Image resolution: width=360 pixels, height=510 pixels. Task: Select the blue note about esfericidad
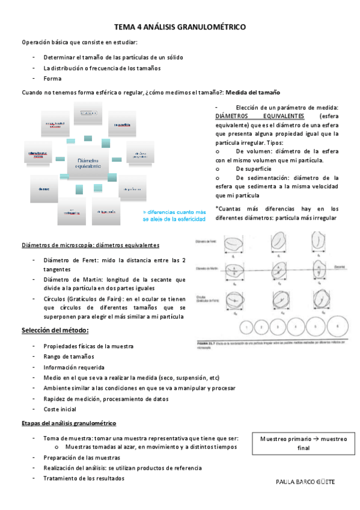pos(174,215)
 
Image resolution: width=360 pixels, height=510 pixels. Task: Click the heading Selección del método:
pos(55,331)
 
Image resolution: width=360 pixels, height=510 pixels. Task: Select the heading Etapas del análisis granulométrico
pos(69,423)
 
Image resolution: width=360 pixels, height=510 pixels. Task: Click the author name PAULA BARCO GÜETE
pos(305,482)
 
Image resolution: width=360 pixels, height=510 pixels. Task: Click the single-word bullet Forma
pos(52,78)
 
